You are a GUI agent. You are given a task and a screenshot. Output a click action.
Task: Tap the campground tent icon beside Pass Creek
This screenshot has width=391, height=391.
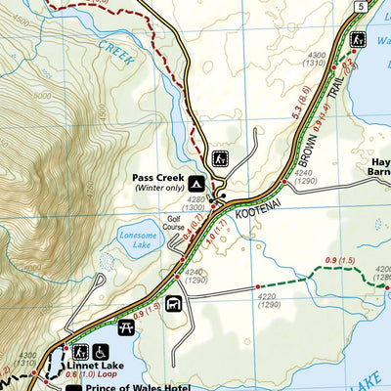point(197,183)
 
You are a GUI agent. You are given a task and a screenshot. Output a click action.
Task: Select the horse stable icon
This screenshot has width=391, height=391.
point(175,304)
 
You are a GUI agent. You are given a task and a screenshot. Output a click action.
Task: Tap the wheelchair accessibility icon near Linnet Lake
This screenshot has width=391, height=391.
point(102,351)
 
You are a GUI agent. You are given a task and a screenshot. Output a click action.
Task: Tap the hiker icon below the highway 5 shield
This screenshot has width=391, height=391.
point(359,39)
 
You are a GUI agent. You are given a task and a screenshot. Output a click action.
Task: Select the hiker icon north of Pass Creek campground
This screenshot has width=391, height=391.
point(221,156)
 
